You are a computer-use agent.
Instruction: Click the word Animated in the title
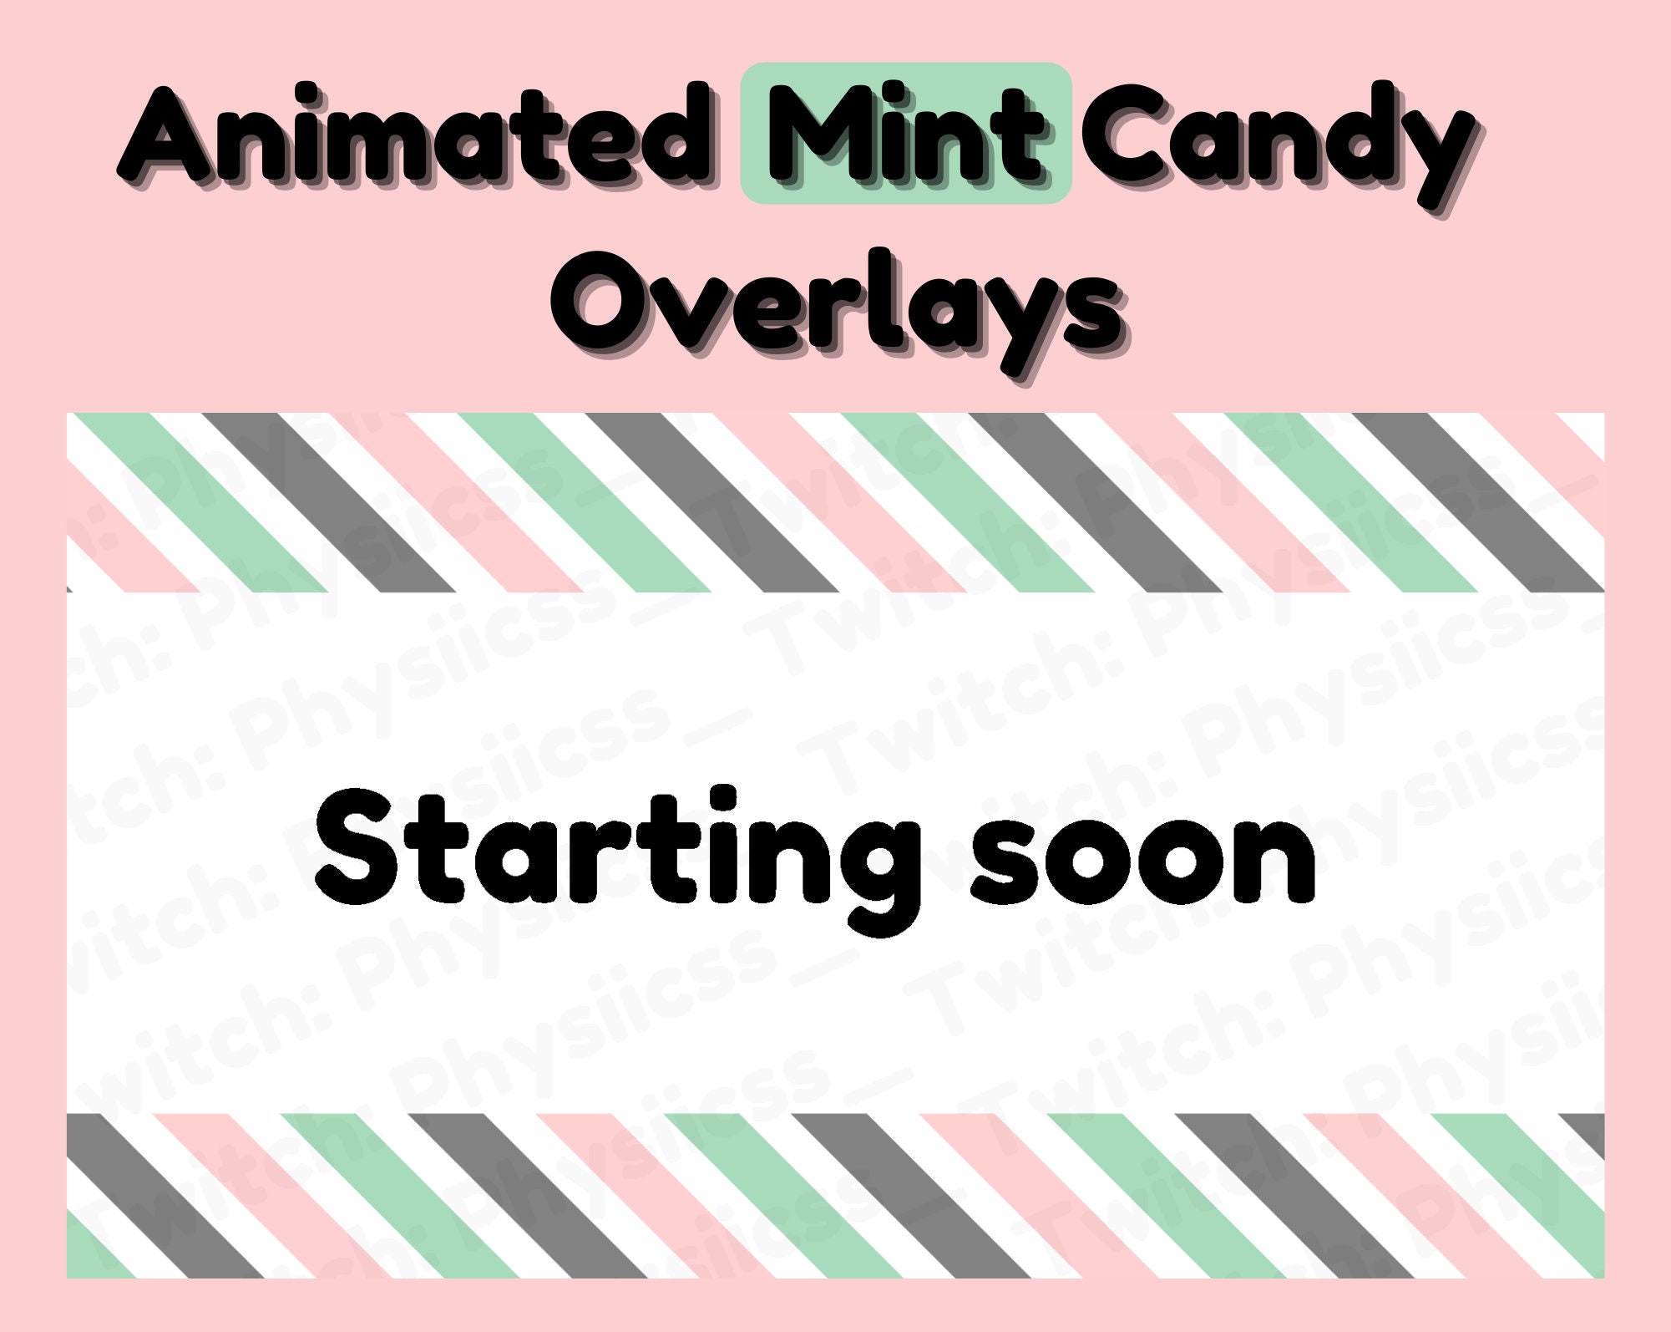tap(414, 134)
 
